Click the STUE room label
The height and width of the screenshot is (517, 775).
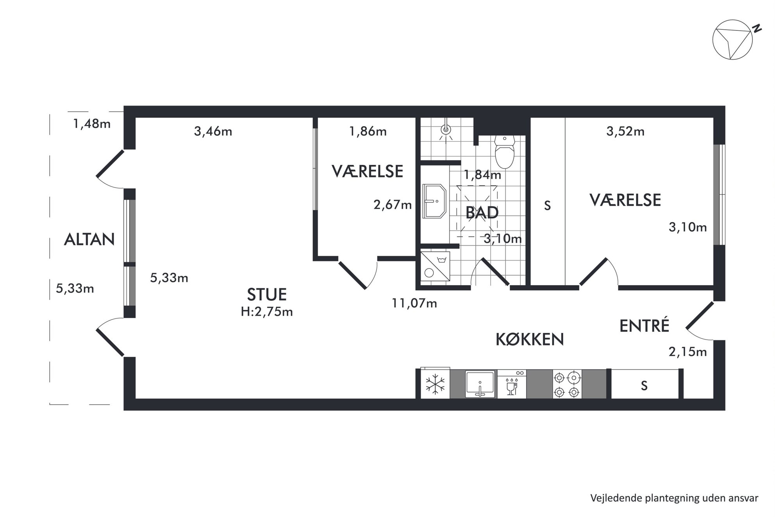[267, 294]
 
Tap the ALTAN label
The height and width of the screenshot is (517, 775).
[89, 239]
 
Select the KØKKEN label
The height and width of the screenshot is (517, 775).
[530, 339]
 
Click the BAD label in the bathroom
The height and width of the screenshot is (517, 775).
[482, 213]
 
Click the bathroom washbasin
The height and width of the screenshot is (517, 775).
[434, 201]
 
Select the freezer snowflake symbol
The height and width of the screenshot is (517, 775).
[435, 384]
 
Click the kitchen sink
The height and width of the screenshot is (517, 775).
[480, 384]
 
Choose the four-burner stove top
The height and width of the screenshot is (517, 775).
[567, 384]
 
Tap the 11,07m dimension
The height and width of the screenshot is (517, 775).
[414, 303]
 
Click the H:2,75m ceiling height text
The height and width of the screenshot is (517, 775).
[267, 311]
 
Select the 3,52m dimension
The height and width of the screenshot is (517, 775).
[625, 131]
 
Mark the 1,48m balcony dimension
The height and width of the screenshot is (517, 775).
[92, 124]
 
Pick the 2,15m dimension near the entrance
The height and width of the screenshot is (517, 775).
[688, 352]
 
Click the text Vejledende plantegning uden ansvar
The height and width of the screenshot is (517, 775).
[674, 498]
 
